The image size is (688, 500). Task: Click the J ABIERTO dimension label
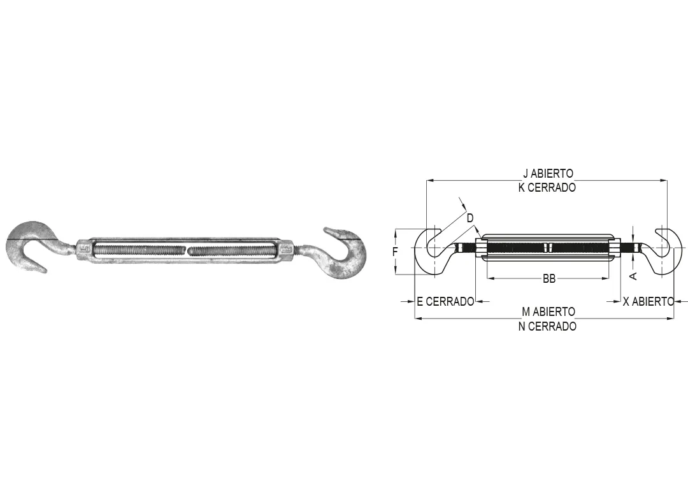coord(548,173)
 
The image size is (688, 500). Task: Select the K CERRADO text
coord(547,187)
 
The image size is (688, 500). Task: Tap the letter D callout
coord(470,218)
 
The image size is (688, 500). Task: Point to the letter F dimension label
coord(395,252)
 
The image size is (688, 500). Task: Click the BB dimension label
coord(549,278)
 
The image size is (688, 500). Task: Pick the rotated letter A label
coord(633,275)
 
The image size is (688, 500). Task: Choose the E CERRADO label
coord(445,302)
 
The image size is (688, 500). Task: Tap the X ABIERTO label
coord(648,302)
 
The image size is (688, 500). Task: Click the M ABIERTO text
coord(548,312)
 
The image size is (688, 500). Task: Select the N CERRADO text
coord(547,326)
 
